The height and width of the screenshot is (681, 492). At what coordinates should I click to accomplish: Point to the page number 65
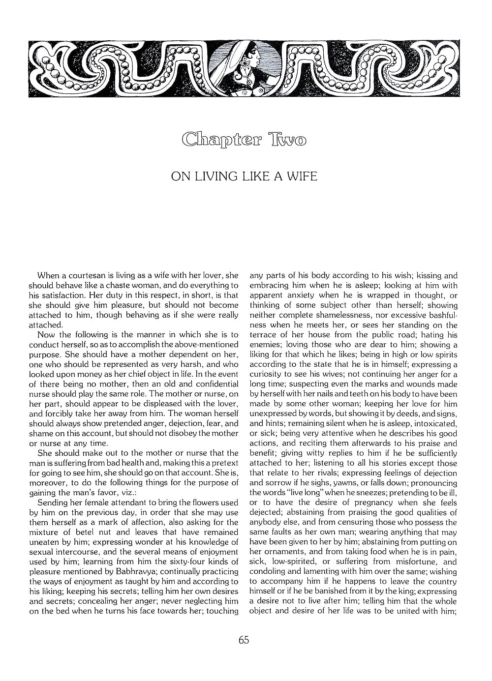pyautogui.click(x=244, y=640)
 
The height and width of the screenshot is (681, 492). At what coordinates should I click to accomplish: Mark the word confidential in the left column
pyautogui.click(x=214, y=384)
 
